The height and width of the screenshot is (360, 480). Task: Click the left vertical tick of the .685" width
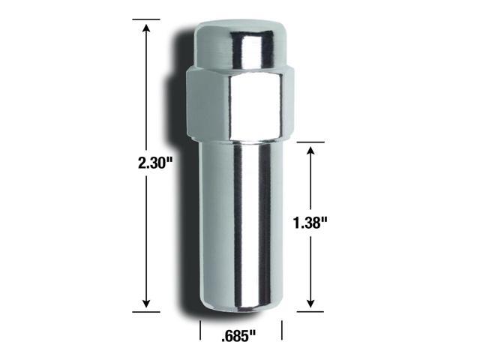coord(200,330)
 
